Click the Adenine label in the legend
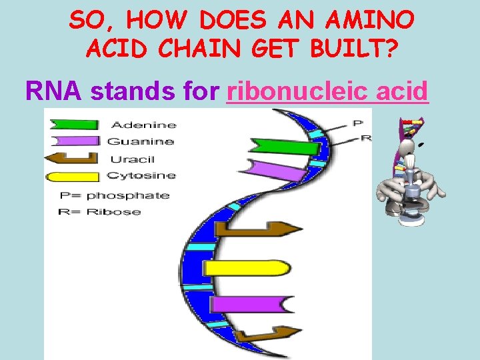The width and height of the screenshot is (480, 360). click(x=143, y=125)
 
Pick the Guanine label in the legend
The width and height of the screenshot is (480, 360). click(x=141, y=141)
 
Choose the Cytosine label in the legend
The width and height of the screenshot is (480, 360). click(x=141, y=176)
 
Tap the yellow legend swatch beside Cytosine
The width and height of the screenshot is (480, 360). click(x=73, y=177)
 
